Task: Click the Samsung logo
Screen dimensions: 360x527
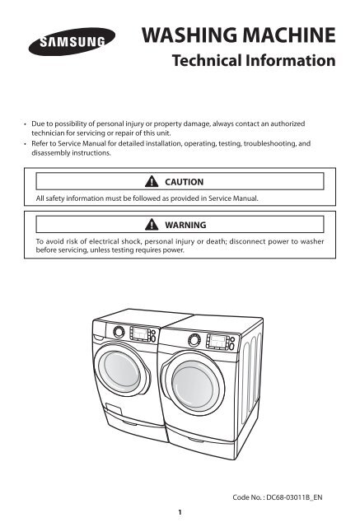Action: pos(72,42)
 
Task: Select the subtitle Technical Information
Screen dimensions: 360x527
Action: pos(254,60)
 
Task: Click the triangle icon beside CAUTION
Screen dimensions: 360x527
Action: pos(152,181)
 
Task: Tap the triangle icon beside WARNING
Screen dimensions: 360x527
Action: pos(152,224)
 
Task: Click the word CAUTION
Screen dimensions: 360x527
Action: pos(185,182)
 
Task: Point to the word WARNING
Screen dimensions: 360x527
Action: pos(185,225)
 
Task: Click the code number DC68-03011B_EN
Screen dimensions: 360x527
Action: pos(294,497)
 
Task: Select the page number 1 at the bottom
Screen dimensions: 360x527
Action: pos(180,512)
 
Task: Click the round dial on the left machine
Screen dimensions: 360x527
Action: pos(119,332)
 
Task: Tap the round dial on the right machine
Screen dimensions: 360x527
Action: pos(194,340)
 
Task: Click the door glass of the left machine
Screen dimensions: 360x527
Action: pos(122,369)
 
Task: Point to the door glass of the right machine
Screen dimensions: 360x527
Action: pos(193,384)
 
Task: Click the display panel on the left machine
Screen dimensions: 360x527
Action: pos(140,333)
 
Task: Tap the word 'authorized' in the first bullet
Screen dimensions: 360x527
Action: pos(288,124)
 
